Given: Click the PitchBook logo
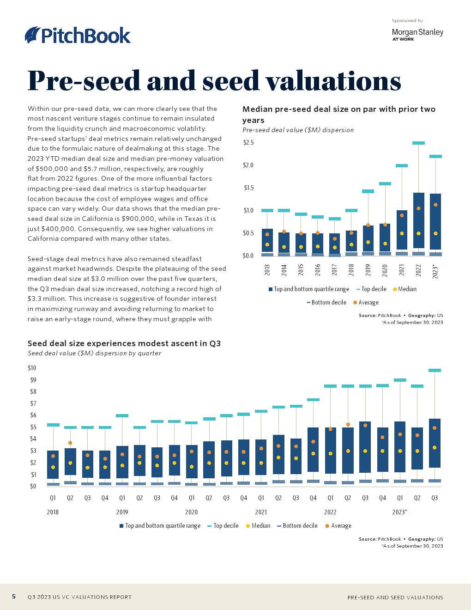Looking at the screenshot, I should (x=78, y=36).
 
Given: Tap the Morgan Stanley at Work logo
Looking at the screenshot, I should (x=417, y=34).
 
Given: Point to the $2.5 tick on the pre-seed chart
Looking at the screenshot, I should (x=248, y=142).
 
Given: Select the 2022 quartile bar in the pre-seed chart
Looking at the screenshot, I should (x=418, y=220).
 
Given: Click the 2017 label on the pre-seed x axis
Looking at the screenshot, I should (x=334, y=270).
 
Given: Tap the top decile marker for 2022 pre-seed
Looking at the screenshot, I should (x=418, y=143).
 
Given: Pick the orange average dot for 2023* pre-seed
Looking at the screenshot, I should (x=435, y=205).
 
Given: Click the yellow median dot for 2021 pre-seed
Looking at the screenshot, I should (x=402, y=233).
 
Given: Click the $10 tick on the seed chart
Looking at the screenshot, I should (x=32, y=368).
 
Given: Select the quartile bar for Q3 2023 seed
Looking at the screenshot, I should (x=435, y=443).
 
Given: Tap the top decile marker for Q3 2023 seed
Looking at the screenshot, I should (x=435, y=370).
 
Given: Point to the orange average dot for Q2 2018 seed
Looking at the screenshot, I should (x=70, y=443).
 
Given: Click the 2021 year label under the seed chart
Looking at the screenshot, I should (x=261, y=512).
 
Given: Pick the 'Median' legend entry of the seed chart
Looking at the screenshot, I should (x=259, y=526).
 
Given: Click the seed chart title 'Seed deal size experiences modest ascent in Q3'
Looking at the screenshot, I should (x=124, y=343).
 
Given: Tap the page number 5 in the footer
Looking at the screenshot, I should (x=14, y=597).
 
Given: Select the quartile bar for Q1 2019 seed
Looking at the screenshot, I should (x=122, y=462).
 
